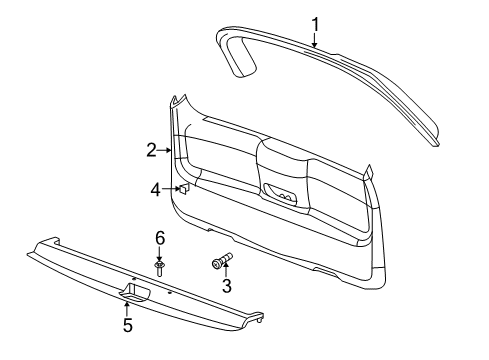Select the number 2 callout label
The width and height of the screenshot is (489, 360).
pos(151,151)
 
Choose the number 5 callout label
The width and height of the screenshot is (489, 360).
pos(127,325)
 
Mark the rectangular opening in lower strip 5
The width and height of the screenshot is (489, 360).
pos(135,292)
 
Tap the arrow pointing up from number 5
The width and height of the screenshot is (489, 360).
pos(127,308)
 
